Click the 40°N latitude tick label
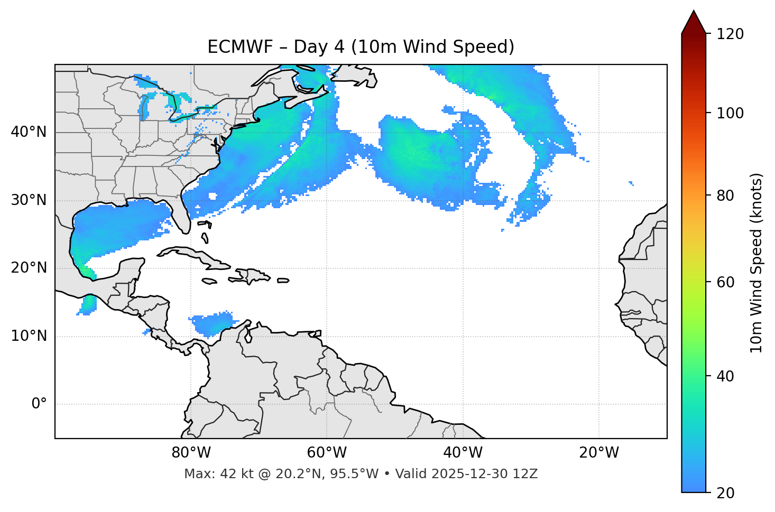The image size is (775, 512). tap(29, 132)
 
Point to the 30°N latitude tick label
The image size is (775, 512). tap(29, 200)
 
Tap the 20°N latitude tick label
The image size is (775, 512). tap(29, 268)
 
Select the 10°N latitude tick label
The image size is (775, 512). tap(29, 336)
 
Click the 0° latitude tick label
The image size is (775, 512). tap(39, 404)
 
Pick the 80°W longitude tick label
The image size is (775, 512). tap(191, 453)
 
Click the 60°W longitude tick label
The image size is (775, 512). tap(327, 453)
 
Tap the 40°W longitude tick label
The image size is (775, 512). tap(463, 453)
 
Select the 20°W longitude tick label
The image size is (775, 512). tap(598, 453)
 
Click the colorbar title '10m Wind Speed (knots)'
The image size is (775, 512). tap(756, 263)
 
